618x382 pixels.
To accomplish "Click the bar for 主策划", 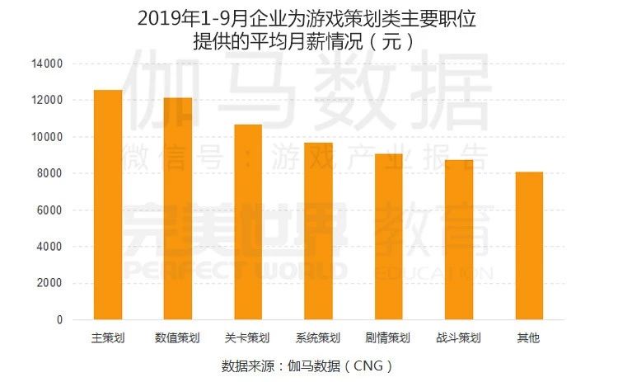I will coord(108,205).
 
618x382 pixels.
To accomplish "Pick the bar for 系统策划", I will coord(318,231).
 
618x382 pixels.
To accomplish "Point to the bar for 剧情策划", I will coord(388,237).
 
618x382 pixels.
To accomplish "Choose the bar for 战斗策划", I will coord(458,240).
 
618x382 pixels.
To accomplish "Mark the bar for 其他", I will coord(528,246).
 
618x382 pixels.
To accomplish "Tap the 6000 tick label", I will coord(50,210).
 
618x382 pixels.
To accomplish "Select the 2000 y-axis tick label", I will coord(50,283).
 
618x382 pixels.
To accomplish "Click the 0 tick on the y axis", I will coord(59,320).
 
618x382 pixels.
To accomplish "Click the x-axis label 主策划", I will coord(108,338).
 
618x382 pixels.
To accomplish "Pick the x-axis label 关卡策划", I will coord(248,338).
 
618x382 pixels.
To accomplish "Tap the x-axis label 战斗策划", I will coord(458,338).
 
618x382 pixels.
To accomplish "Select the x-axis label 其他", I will coord(528,338).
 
